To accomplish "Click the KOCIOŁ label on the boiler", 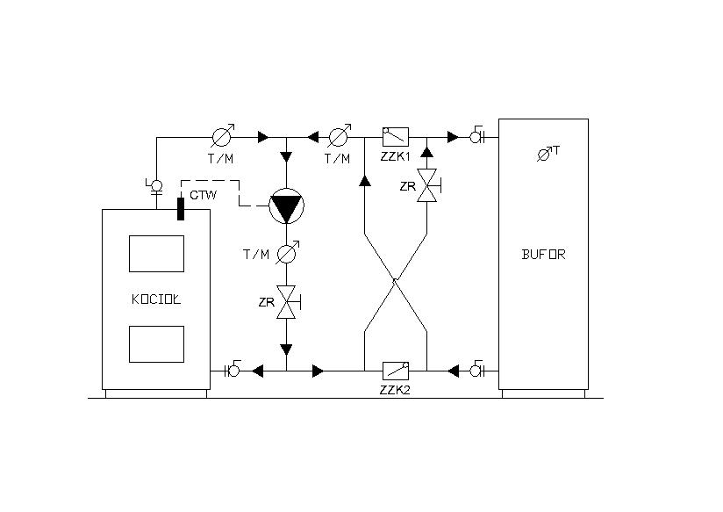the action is [x=156, y=299].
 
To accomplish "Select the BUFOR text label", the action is [x=543, y=255].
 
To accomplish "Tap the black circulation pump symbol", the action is [x=286, y=206].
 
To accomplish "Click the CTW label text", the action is [x=204, y=195].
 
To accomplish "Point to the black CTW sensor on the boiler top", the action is [x=180, y=209].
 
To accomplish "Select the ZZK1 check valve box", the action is [x=396, y=137].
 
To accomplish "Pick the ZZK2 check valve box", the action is [x=396, y=371].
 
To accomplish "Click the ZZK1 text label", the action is [x=395, y=156].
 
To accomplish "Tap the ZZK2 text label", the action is [x=395, y=390].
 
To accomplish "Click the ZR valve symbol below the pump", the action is [x=287, y=302].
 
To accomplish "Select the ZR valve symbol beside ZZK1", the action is [x=427, y=185].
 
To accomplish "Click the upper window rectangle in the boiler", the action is [x=156, y=254].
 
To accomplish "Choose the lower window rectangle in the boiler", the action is [x=156, y=344].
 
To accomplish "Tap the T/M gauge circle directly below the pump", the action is [x=287, y=254].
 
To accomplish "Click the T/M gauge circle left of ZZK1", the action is [x=339, y=137].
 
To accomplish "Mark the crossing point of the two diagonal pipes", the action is [x=395, y=280].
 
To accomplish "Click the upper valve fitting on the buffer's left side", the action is [x=476, y=136].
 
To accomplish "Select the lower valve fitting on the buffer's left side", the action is [x=476, y=370].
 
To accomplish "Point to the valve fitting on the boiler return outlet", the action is [x=233, y=370].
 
